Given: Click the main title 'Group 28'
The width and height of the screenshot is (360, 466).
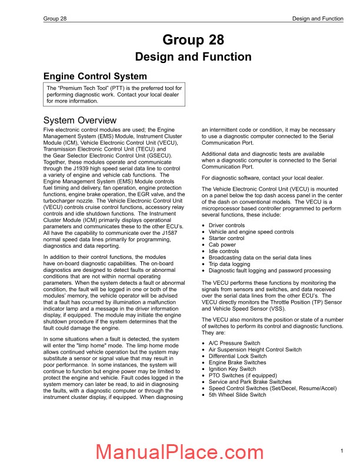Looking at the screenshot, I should point(194,40).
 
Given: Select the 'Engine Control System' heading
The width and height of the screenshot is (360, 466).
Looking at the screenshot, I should point(96,76).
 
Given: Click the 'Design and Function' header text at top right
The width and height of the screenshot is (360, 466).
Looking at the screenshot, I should point(318,19).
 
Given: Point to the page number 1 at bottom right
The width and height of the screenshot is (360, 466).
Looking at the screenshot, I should point(342,451).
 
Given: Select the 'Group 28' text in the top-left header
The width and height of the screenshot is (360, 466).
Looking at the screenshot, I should point(55,19).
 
